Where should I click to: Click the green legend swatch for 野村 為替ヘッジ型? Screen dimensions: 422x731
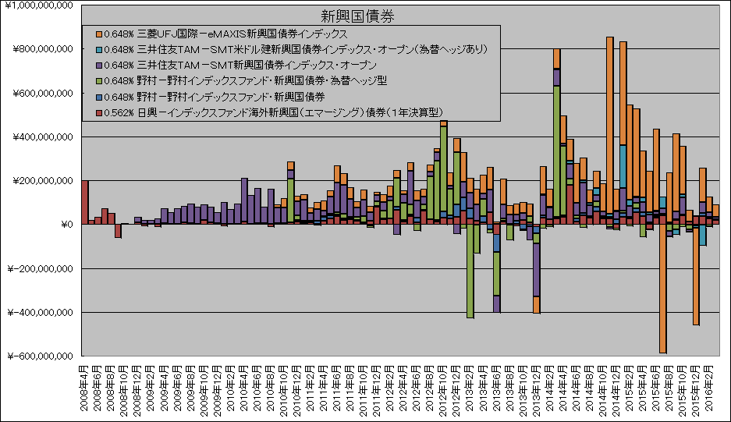click(x=98, y=80)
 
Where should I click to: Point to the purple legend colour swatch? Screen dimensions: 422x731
click(x=98, y=65)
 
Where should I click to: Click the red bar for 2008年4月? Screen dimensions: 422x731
click(x=84, y=202)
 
